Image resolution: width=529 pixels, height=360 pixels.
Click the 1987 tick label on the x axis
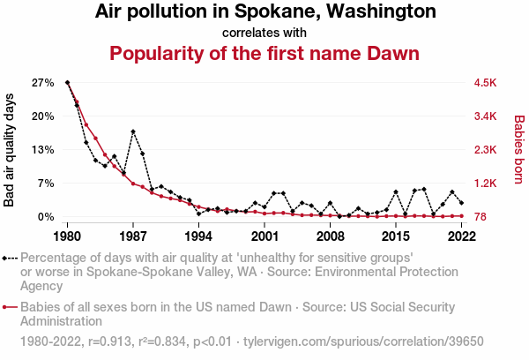click(133, 236)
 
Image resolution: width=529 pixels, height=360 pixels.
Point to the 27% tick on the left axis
click(43, 82)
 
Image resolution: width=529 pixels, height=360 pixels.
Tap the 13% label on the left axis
click(43, 149)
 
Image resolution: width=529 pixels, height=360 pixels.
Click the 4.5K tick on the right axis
click(486, 82)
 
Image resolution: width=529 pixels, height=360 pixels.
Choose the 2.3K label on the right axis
click(486, 149)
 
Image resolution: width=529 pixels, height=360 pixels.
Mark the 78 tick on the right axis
click(481, 216)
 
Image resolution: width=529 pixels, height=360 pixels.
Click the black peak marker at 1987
click(133, 131)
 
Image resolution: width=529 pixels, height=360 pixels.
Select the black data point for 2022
click(461, 203)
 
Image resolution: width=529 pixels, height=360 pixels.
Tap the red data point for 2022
click(461, 216)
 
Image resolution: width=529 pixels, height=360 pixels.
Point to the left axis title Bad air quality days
click(10, 151)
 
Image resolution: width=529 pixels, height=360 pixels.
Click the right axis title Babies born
click(518, 149)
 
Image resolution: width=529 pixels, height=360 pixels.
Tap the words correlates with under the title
click(264, 33)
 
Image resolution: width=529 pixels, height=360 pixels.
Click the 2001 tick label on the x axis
click(264, 236)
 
